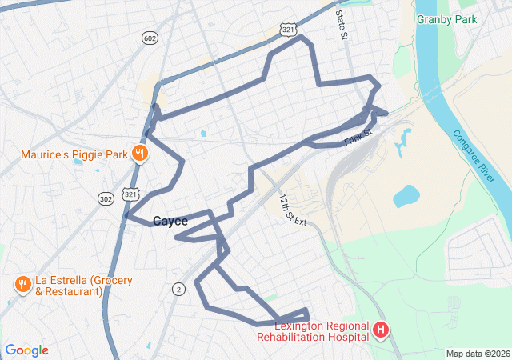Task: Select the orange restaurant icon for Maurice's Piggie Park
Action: tap(140, 154)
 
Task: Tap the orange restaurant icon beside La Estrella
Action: tap(22, 284)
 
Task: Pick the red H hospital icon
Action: tap(381, 329)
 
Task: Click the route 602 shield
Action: tap(150, 38)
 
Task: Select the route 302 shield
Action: tap(106, 198)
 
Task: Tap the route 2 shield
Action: tap(178, 289)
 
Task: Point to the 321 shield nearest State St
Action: tap(288, 29)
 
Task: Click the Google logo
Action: tap(26, 350)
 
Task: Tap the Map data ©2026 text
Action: tap(477, 354)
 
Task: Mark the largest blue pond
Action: tap(406, 195)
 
